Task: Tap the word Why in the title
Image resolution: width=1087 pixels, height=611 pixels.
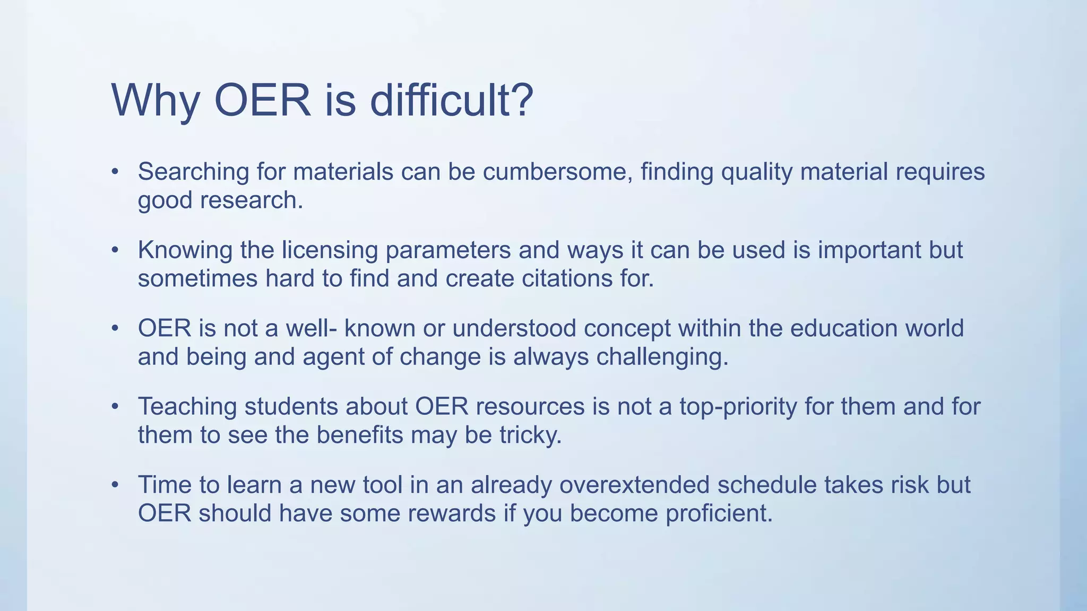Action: coord(156,101)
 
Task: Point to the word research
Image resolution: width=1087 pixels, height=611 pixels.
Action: coord(251,200)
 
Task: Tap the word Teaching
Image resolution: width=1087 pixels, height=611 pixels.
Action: coord(187,407)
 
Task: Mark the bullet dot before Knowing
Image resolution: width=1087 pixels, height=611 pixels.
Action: coord(115,250)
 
